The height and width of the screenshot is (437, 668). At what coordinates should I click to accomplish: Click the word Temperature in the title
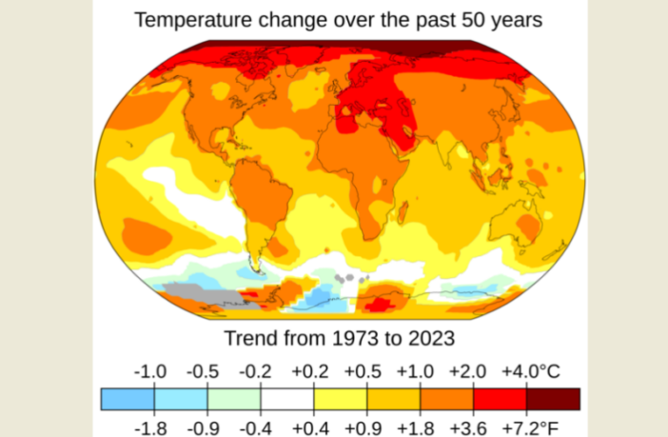coord(190,19)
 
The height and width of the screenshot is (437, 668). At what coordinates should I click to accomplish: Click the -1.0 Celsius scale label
coord(153,371)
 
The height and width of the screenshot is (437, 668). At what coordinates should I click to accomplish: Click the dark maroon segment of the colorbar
coord(554,398)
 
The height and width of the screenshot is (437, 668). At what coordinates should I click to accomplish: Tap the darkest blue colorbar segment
coord(128,398)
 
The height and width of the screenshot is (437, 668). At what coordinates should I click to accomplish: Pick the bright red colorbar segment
coord(501,398)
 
